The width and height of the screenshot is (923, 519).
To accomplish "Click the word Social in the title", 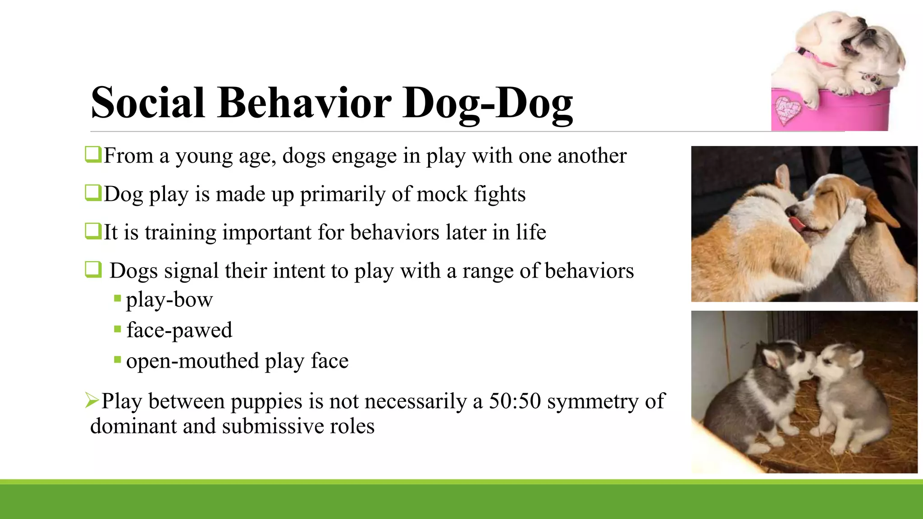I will [x=148, y=103].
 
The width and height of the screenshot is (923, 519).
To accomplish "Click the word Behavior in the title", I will [x=304, y=103].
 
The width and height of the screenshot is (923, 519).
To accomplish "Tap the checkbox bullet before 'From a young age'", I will [x=93, y=154].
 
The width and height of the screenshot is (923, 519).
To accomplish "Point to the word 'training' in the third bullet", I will [x=180, y=233].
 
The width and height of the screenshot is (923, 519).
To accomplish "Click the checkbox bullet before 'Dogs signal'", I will [x=93, y=269].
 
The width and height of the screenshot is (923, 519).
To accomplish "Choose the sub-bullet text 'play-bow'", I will [x=169, y=300].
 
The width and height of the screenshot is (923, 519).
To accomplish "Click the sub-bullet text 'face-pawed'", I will [x=179, y=330].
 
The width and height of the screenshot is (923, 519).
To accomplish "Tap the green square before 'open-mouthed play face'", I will [x=118, y=360].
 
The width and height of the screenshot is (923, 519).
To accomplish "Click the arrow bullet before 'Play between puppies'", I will [x=92, y=400].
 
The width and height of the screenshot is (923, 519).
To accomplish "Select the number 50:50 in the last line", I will [x=515, y=401].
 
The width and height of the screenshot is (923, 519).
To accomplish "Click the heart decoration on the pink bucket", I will [x=787, y=110].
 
